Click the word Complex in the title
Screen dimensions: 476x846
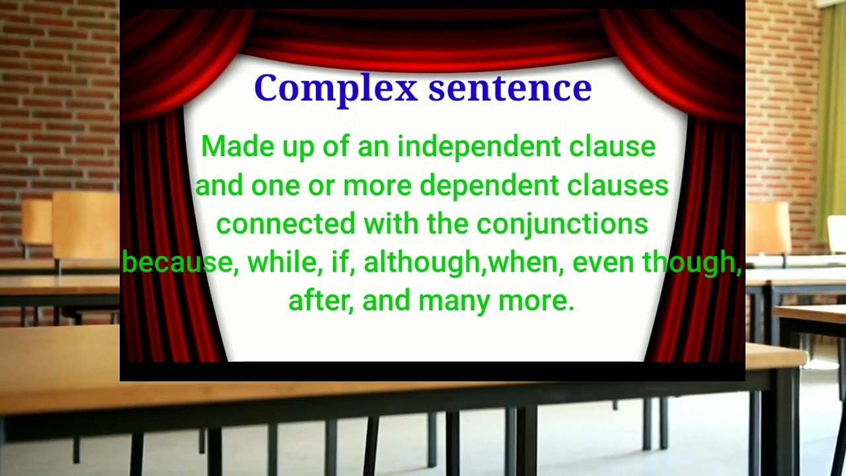pyautogui.click(x=336, y=89)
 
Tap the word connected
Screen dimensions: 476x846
pyautogui.click(x=286, y=223)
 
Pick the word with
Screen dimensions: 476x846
pyautogui.click(x=391, y=223)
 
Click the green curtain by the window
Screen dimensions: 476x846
pyautogui.click(x=831, y=119)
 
